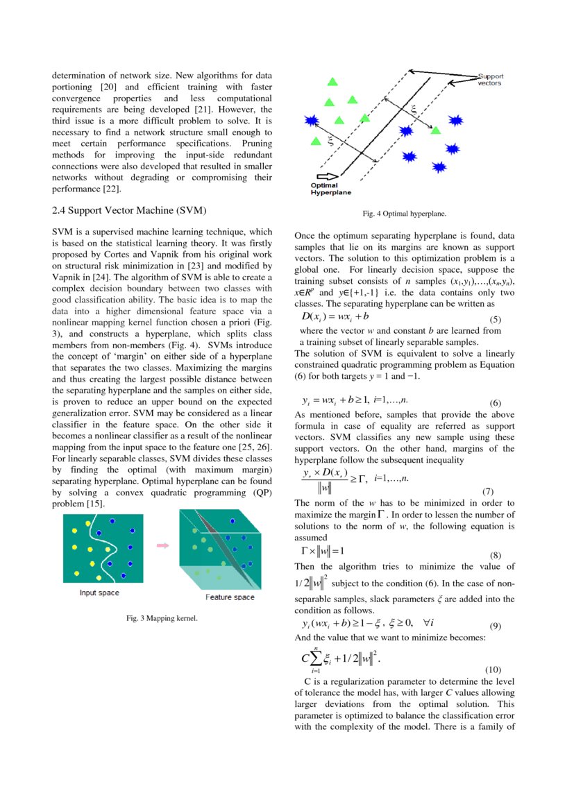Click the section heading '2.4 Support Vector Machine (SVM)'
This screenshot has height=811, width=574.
pyautogui.click(x=129, y=210)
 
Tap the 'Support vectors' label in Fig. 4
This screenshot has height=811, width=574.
pyautogui.click(x=490, y=79)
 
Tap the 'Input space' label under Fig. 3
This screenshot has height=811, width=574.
pyautogui.click(x=99, y=592)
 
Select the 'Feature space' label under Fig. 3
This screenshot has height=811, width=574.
pyautogui.click(x=230, y=597)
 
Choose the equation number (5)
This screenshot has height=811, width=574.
pyautogui.click(x=496, y=320)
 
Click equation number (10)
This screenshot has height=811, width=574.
pyautogui.click(x=492, y=670)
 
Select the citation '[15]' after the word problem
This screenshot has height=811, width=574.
pyautogui.click(x=96, y=503)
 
